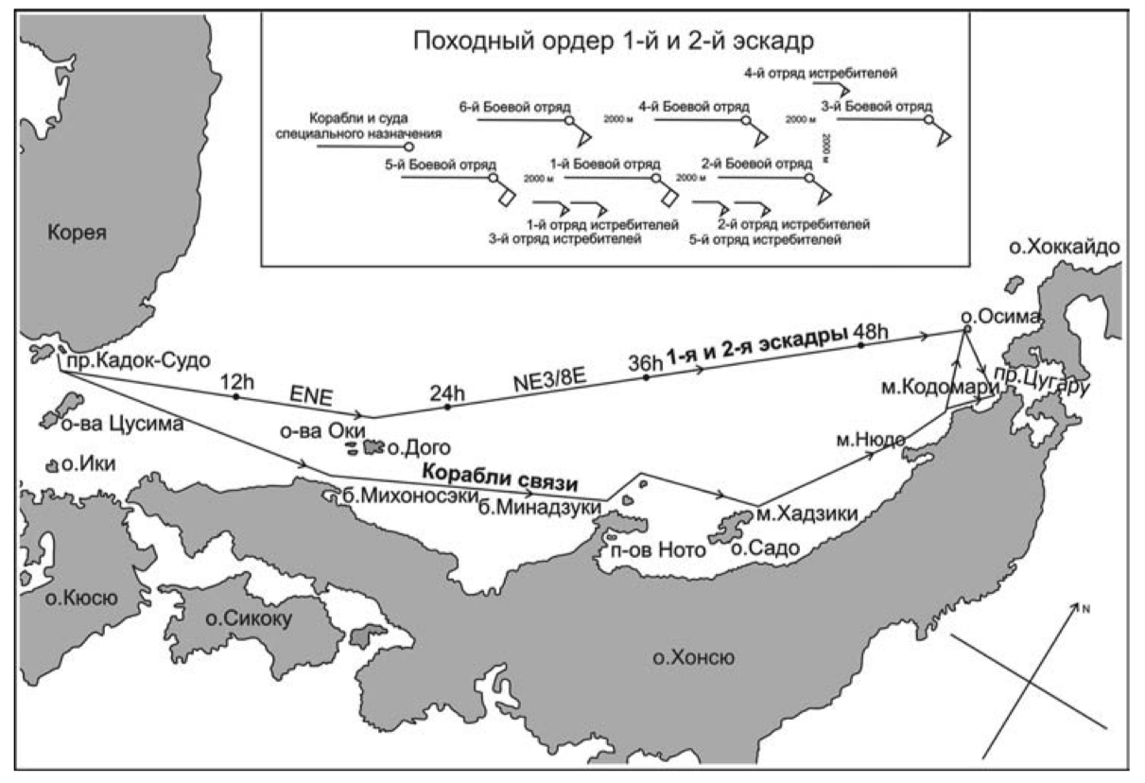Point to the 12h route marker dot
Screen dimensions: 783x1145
point(234,397)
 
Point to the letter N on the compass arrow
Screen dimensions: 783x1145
point(1087,608)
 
